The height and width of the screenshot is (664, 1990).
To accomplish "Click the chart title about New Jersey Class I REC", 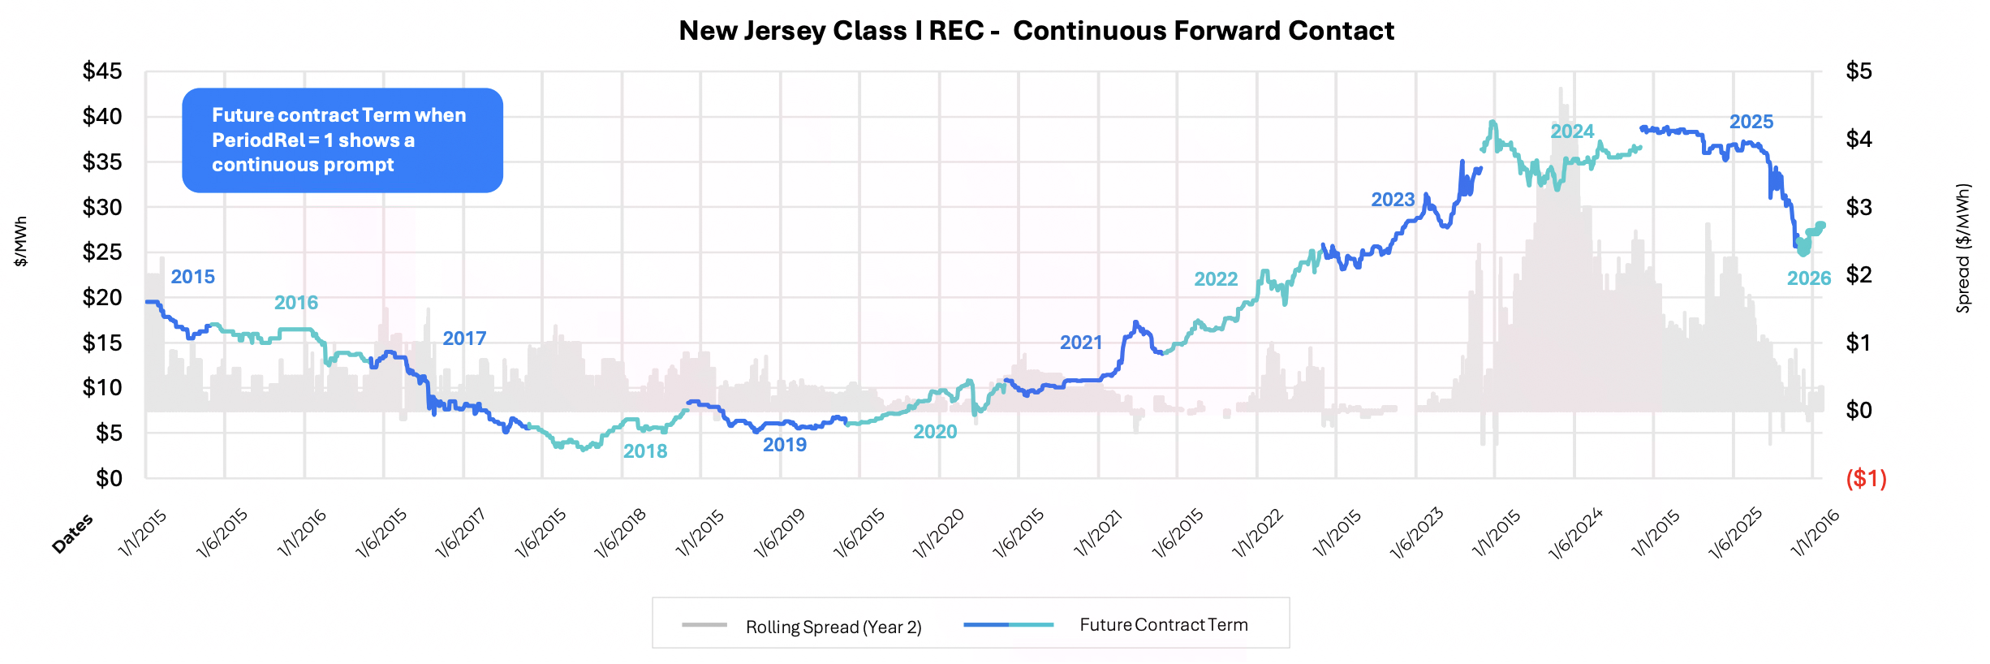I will coord(1036,31).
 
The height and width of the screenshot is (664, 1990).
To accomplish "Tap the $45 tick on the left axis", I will coord(102,71).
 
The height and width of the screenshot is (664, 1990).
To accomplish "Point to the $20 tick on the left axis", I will coord(102,298).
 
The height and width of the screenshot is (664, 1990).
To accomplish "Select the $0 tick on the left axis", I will coord(109,478).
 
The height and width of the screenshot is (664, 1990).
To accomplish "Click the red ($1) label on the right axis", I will coord(1866,478).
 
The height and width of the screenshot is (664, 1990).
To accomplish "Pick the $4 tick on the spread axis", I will coord(1859,140).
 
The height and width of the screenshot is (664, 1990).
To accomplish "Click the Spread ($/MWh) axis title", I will coord(1962,248).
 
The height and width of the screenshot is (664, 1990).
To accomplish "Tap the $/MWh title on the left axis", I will coord(20,241).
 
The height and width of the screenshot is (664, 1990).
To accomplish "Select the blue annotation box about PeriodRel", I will coord(342,140).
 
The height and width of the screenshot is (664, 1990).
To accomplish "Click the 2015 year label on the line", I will coord(192,277).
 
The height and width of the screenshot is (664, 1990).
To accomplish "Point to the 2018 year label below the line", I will coord(644,451).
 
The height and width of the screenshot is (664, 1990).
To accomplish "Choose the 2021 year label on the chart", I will coord(1080,343).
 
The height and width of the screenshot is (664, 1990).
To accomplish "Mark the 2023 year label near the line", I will coord(1392,200).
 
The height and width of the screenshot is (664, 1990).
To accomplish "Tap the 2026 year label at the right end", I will coord(1808,278).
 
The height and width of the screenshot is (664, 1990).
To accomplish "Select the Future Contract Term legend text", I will coord(1163,625).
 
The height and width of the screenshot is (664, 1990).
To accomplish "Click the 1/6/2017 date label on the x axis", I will coord(460,533).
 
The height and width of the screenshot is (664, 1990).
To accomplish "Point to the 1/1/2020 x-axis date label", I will coord(938,533).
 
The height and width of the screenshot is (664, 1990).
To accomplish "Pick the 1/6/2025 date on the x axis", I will coord(1735,533).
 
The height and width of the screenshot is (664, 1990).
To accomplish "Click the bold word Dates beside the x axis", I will coord(72,534).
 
